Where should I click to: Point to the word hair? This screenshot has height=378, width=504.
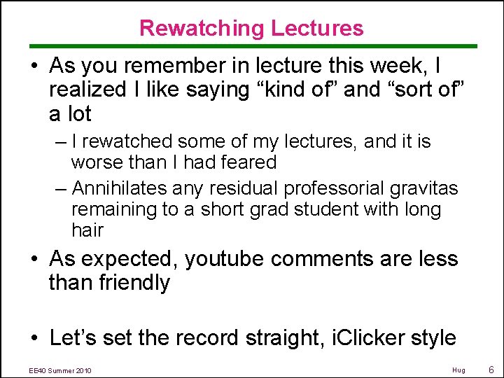click(x=87, y=230)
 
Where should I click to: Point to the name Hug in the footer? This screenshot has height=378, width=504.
click(x=458, y=370)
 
